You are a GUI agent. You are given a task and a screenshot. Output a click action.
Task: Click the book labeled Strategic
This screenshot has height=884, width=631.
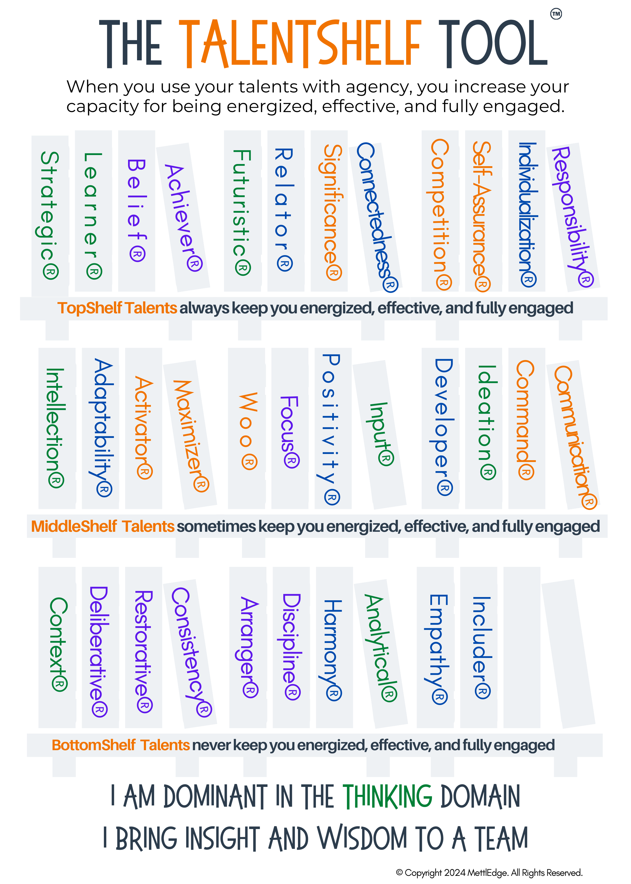pos(50,216)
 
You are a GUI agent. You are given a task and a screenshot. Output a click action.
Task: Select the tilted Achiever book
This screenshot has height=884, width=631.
pos(183,217)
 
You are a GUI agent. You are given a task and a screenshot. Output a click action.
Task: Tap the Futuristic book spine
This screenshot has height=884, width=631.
pos(242,212)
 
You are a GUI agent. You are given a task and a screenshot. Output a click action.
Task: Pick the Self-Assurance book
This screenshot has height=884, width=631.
pos(483,212)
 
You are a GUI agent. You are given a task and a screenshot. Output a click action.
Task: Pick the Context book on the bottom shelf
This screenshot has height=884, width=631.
pos(57,647)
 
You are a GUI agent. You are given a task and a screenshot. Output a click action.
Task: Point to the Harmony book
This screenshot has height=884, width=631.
pos(334,647)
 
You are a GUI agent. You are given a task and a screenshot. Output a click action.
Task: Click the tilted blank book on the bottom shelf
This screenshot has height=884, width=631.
pos(568,653)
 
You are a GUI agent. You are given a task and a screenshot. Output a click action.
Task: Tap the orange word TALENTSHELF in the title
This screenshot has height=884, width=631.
pos(299,44)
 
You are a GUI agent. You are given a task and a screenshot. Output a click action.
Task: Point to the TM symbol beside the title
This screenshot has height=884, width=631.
pos(556,14)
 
